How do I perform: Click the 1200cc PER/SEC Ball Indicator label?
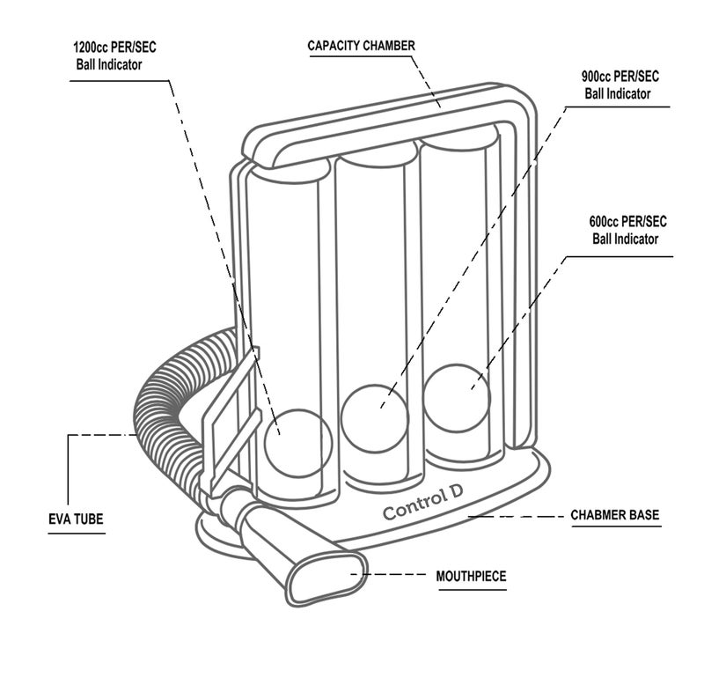point(114,55)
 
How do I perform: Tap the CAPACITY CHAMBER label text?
point(362,46)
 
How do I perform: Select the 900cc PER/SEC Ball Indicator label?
point(620,85)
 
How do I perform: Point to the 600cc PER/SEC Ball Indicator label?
point(627,230)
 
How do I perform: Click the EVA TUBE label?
point(76,519)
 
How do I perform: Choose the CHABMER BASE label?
point(614,514)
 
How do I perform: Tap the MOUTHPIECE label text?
point(471,576)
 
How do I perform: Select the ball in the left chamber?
point(298,443)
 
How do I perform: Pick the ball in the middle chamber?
point(375,418)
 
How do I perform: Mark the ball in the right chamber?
point(456,398)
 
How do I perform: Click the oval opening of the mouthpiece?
point(326,578)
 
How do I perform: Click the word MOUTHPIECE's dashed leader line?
point(388,574)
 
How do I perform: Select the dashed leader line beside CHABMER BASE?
point(517,517)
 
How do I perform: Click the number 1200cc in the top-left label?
point(92,48)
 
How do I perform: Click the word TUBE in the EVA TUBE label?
point(89,519)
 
